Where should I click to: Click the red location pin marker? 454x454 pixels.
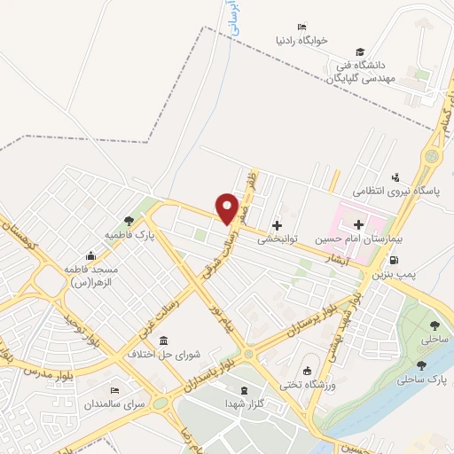pyautogui.click(x=227, y=208)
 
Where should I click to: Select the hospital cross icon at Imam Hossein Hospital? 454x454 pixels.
pyautogui.click(x=358, y=225)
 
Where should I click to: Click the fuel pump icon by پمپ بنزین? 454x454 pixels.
pyautogui.click(x=394, y=261)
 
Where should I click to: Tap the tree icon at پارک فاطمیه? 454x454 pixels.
pyautogui.click(x=129, y=221)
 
